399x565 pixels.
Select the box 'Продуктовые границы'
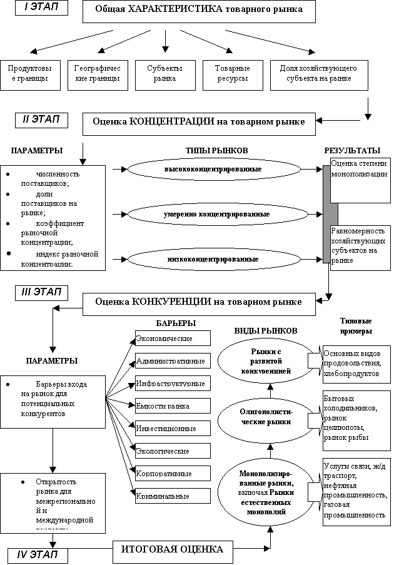tap(26, 74)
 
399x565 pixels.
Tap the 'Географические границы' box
tap(96, 74)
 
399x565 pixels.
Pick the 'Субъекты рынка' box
tap(165, 74)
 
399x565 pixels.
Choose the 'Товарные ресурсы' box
tap(232, 74)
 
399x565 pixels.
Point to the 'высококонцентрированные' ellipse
tap(213, 170)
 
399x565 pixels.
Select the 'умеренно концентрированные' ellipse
tap(216, 214)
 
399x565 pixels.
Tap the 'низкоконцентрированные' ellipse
tap(213, 258)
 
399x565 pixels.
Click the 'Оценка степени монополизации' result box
tap(360, 180)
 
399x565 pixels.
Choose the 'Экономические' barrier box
tap(172, 338)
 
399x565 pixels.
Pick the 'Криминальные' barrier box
tap(172, 496)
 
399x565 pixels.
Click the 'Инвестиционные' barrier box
tap(172, 429)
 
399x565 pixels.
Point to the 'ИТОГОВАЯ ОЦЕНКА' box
tap(171, 550)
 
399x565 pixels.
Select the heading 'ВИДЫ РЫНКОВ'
tap(265, 330)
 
